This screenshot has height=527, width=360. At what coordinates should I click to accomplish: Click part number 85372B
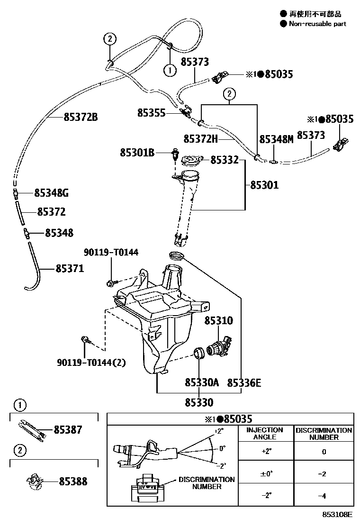pyautogui.click(x=81, y=117)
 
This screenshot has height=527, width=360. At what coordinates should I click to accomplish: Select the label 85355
pyautogui.click(x=152, y=113)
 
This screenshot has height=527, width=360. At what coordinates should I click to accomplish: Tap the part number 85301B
pyautogui.click(x=137, y=152)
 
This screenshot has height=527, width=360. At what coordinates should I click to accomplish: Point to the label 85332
pyautogui.click(x=225, y=160)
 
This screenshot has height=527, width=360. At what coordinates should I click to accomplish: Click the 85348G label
pyautogui.click(x=52, y=193)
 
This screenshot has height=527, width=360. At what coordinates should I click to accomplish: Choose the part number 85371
pyautogui.click(x=70, y=269)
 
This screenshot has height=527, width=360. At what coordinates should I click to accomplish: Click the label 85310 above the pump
pyautogui.click(x=219, y=321)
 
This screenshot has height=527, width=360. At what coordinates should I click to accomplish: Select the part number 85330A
pyautogui.click(x=202, y=382)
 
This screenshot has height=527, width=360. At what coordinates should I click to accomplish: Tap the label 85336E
pyautogui.click(x=244, y=382)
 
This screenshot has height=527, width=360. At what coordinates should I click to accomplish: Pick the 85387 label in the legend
pyautogui.click(x=68, y=430)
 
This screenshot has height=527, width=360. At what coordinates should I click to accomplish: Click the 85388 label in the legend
pyautogui.click(x=73, y=482)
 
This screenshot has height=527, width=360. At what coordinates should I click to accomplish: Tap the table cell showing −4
pyautogui.click(x=324, y=496)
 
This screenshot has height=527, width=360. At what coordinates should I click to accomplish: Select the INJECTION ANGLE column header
pyautogui.click(x=265, y=434)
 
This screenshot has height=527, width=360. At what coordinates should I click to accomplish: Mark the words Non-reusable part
pyautogui.click(x=317, y=24)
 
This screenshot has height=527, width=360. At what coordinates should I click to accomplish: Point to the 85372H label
pyautogui.click(x=200, y=138)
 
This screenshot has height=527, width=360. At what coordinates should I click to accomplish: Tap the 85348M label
pyautogui.click(x=277, y=139)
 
